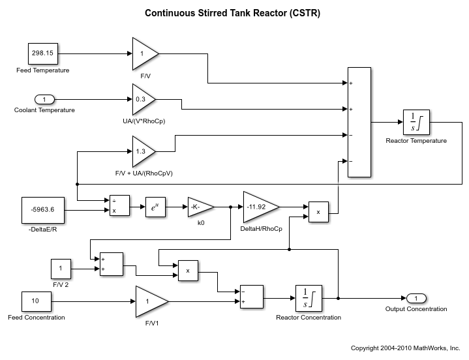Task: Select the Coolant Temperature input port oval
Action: [44, 99]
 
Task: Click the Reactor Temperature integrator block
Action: [416, 122]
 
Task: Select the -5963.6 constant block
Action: [42, 211]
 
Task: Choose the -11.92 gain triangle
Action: [258, 207]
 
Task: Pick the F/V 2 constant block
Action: [60, 268]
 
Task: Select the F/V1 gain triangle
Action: [150, 302]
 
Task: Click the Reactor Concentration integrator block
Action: [309, 299]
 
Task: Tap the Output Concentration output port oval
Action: [416, 298]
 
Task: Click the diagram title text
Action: [233, 13]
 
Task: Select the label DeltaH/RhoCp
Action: [262, 229]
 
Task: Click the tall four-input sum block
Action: [359, 122]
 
